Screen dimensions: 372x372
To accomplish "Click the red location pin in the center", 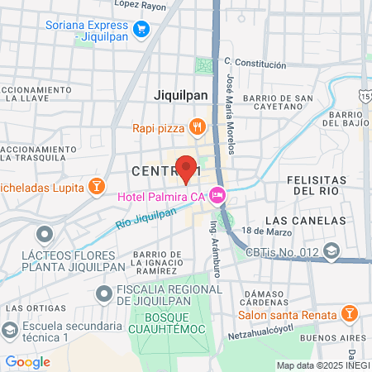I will pos(186,168).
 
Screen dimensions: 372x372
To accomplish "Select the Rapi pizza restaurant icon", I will pos(197,127).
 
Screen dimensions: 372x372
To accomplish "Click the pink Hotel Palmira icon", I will pos(217,196).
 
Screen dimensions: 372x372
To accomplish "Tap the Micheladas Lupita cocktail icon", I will pos(97,184).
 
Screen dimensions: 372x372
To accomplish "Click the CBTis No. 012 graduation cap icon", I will pos(331,250).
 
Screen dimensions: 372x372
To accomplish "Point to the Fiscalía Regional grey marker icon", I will pos(103,293).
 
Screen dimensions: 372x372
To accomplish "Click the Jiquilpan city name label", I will pos(181,95).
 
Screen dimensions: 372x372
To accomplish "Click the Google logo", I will pos(27,361).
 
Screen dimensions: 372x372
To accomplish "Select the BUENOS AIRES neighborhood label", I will pos(332,338).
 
